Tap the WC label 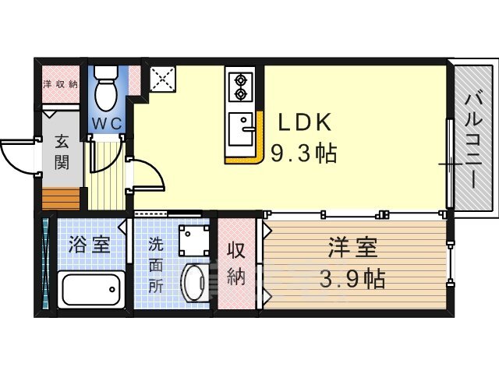click(108, 124)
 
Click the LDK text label click(305, 122)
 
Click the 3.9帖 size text click(352, 278)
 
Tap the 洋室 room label click(353, 247)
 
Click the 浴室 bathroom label click(90, 244)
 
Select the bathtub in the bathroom click(91, 289)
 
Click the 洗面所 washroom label click(156, 265)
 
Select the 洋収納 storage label click(61, 84)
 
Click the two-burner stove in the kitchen click(240, 85)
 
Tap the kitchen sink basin click(241, 129)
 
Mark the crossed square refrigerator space click(162, 79)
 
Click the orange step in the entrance click(61, 199)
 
